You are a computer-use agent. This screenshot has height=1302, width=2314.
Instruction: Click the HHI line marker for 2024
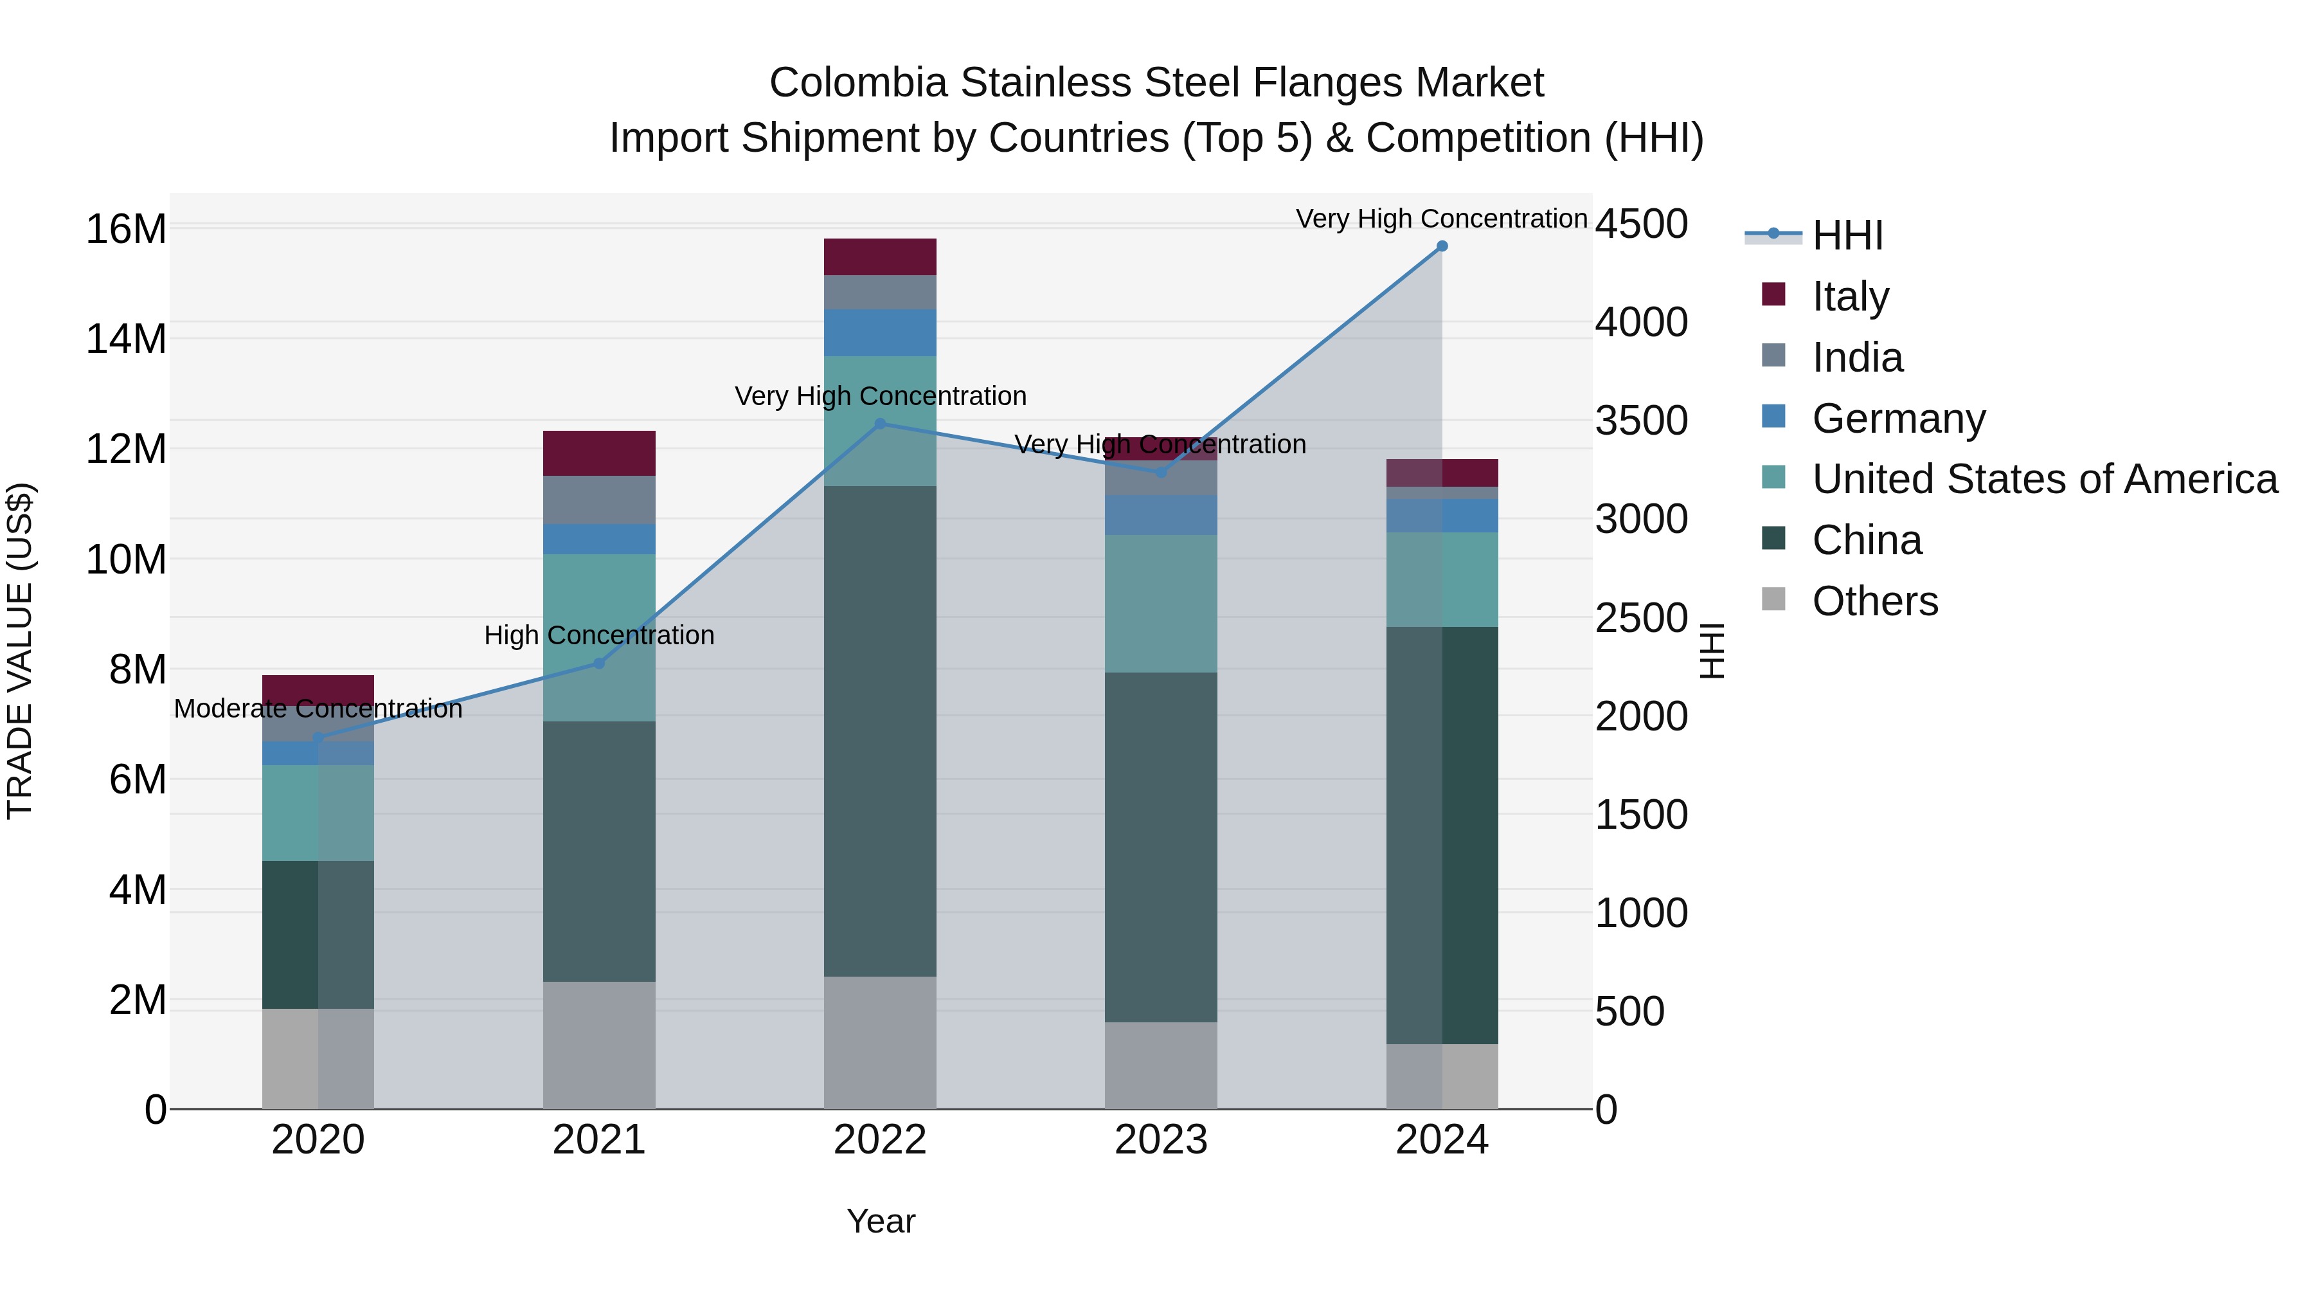(1442, 246)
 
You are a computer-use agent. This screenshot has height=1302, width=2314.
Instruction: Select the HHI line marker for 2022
(881, 424)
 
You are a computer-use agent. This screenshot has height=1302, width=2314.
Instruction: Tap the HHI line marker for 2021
(599, 664)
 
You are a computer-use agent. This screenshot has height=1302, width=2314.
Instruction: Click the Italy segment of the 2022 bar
(881, 257)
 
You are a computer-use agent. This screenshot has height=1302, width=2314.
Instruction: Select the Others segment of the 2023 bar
(1161, 1065)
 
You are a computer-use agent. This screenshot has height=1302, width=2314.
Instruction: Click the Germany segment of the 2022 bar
(881, 332)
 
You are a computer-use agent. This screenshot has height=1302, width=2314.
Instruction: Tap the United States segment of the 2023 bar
(1161, 604)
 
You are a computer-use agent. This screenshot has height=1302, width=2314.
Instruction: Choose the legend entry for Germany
(1897, 419)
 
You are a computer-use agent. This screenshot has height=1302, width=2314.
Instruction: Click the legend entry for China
(1866, 541)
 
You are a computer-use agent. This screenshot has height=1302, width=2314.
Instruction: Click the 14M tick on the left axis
(126, 339)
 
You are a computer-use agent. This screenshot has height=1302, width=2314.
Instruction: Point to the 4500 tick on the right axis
(1641, 224)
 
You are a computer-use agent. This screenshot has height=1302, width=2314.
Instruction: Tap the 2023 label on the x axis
(1161, 1140)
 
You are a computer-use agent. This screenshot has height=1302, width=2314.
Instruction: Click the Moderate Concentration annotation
(318, 709)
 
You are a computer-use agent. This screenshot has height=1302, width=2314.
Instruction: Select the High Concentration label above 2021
(599, 635)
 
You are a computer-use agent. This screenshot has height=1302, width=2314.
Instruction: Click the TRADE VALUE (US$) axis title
(20, 651)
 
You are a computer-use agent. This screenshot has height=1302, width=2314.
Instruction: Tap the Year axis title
(881, 1221)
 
